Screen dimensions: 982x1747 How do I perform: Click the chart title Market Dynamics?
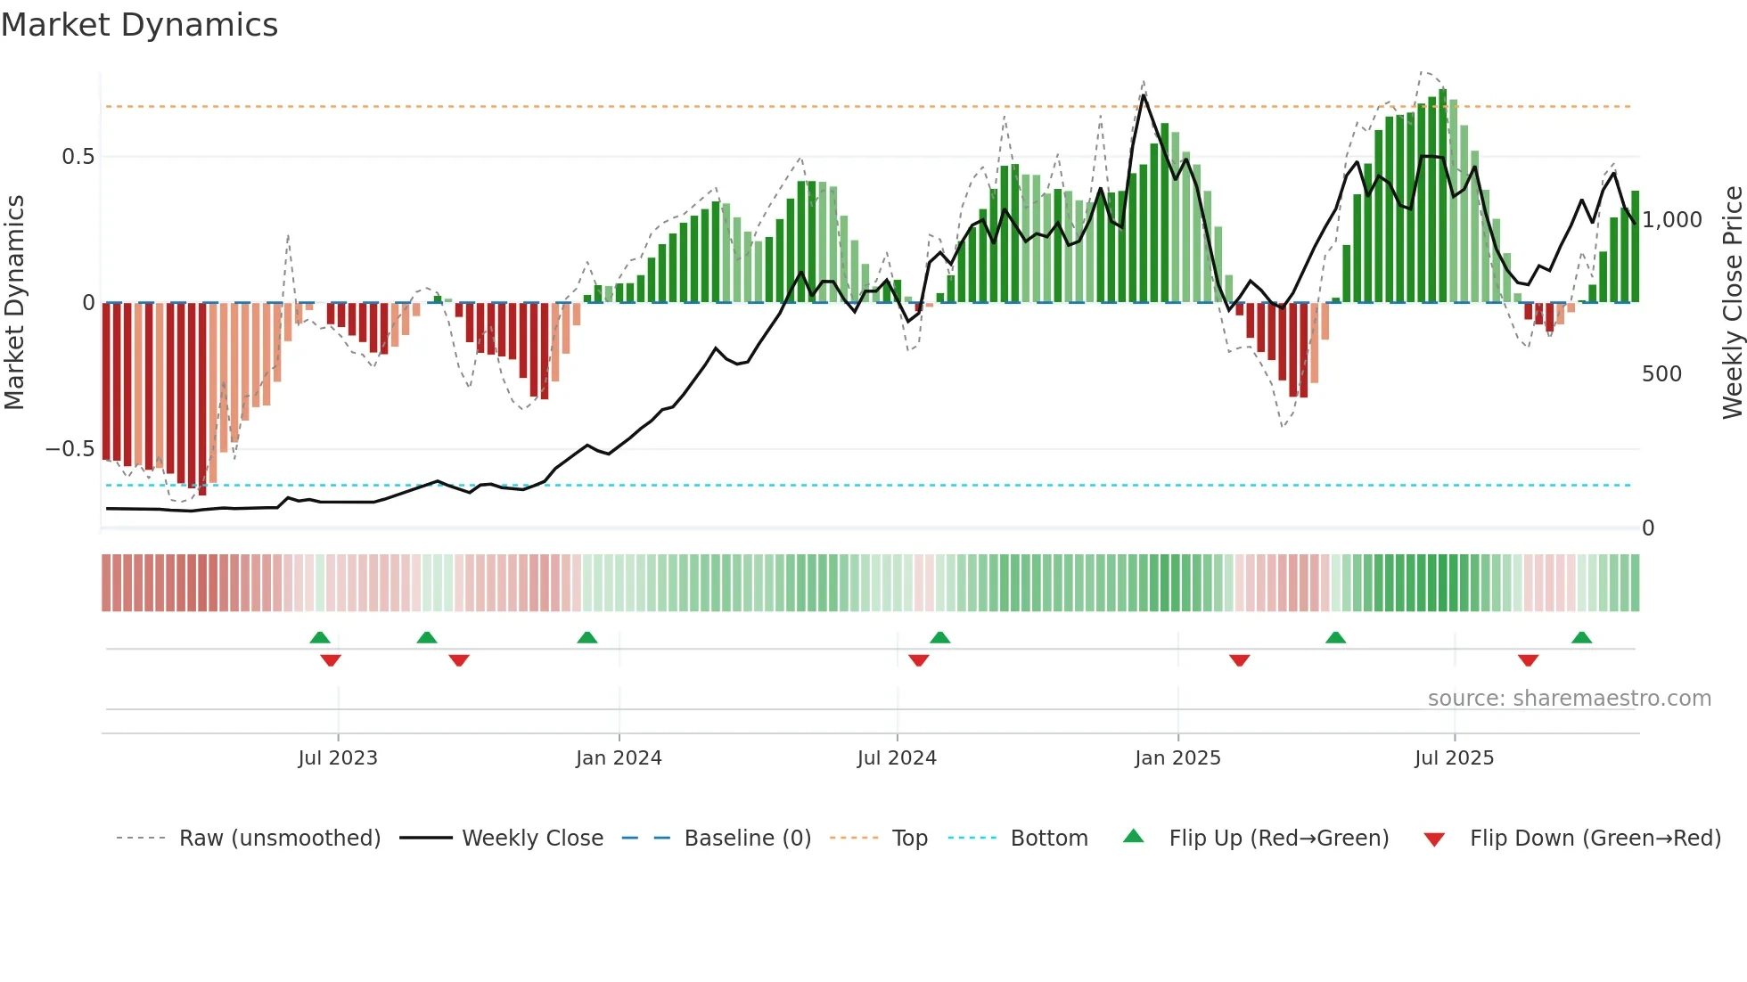(140, 25)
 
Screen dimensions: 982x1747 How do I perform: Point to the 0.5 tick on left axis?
(78, 157)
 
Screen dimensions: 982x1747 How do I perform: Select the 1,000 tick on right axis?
(1672, 220)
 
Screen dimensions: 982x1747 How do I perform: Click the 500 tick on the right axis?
(1661, 374)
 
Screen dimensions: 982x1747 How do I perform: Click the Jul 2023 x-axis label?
(338, 758)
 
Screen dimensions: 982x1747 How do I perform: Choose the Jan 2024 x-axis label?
(619, 758)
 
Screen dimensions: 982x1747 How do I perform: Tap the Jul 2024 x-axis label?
(897, 758)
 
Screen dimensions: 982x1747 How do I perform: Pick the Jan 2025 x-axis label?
(1177, 758)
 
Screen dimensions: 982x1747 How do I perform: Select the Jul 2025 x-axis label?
(1454, 758)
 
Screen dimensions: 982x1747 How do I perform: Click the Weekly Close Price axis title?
(1732, 303)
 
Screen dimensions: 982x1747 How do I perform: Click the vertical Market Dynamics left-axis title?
(14, 303)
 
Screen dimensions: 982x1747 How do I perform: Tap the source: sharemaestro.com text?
(1569, 699)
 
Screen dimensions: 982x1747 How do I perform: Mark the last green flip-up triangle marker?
(1581, 638)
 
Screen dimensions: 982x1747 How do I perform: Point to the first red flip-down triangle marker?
(331, 660)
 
